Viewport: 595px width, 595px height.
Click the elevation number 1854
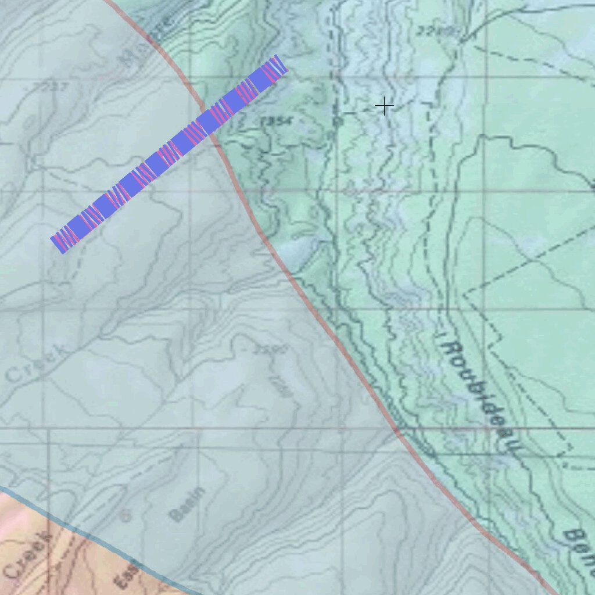[x=277, y=121]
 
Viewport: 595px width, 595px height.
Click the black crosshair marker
[x=384, y=106]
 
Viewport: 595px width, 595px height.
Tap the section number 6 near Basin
[x=123, y=514]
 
